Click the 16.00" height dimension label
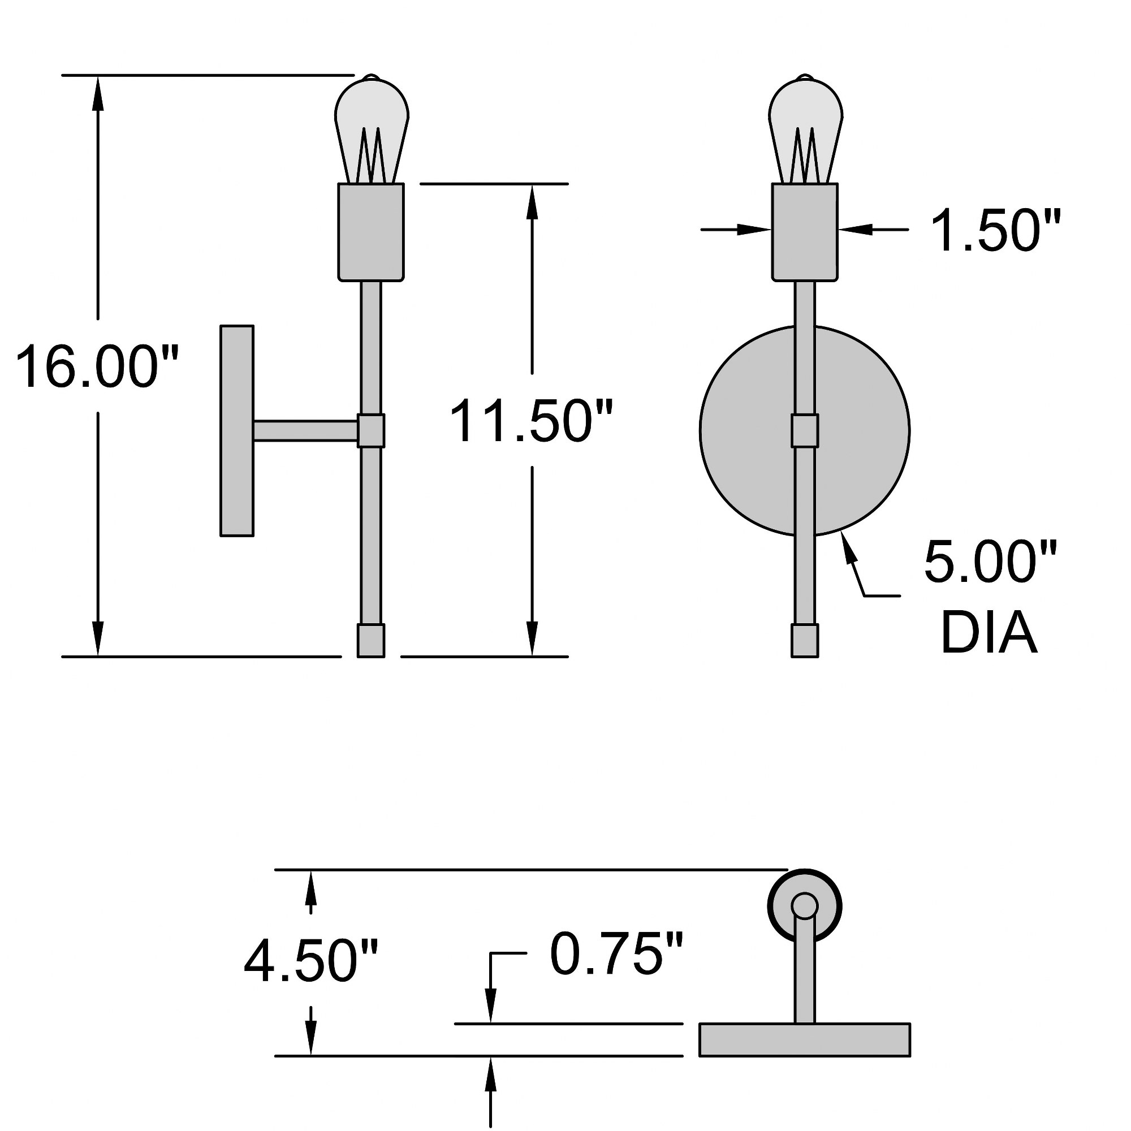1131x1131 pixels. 97,367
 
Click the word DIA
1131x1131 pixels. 988,633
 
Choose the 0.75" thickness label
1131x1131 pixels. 616,954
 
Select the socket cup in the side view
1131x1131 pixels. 372,232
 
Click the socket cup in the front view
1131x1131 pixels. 805,232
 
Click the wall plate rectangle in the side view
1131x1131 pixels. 237,431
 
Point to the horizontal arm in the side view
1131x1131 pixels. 305,430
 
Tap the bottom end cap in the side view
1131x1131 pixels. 371,641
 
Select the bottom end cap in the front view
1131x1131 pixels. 805,641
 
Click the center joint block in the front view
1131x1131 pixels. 805,430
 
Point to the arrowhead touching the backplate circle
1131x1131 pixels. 847,547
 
